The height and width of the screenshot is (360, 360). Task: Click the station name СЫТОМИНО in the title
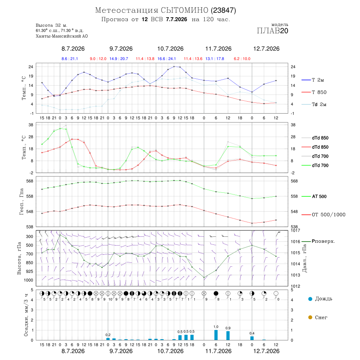(x=184, y=10)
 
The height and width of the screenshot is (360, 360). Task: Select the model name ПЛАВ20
(x=272, y=31)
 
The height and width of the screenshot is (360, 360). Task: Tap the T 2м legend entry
(x=313, y=80)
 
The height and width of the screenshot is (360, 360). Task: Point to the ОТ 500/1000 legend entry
(x=323, y=215)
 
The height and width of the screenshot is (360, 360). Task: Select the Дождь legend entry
(x=320, y=299)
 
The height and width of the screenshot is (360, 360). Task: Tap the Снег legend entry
(x=318, y=317)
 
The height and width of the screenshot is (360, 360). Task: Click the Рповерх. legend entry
(x=318, y=241)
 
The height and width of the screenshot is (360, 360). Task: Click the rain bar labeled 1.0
(x=216, y=335)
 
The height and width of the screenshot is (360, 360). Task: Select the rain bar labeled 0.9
(x=228, y=336)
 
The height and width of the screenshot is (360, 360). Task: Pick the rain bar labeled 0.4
(x=252, y=338)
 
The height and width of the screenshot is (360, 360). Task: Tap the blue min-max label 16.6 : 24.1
(x=166, y=59)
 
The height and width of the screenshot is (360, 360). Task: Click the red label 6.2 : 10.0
(x=242, y=59)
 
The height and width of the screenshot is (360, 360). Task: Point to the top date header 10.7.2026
(x=170, y=49)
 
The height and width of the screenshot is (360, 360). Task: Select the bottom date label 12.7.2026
(x=266, y=351)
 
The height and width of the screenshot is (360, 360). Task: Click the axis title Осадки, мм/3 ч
(x=26, y=315)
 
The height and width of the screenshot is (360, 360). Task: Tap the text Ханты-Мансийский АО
(x=62, y=36)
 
